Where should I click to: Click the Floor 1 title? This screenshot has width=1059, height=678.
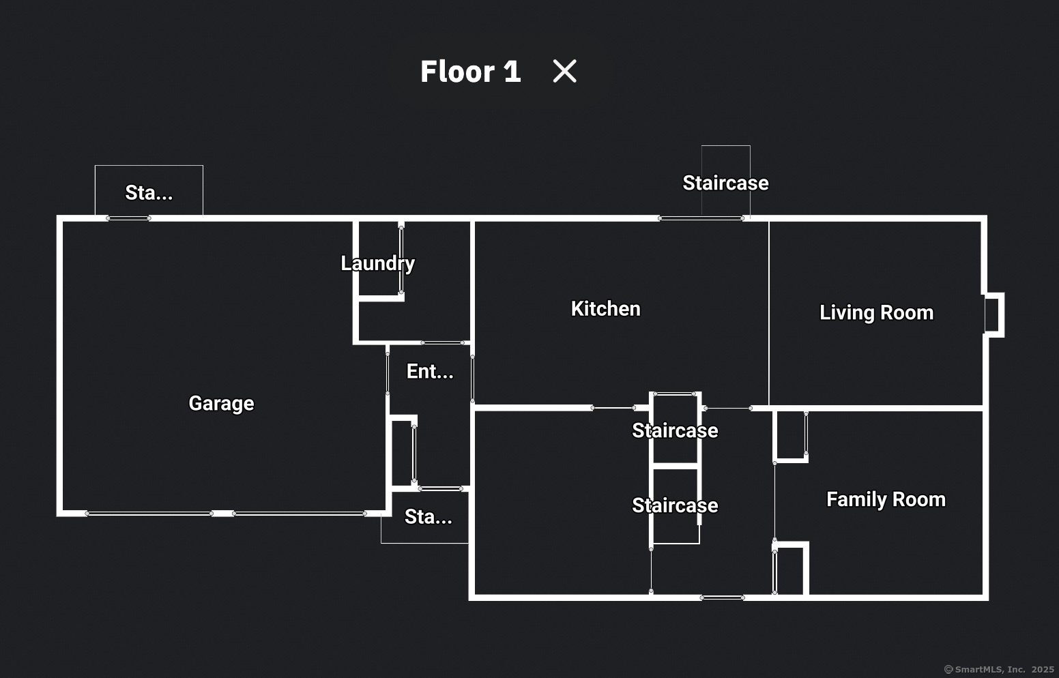[x=470, y=72]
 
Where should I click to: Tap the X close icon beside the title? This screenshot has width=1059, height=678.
[x=564, y=71]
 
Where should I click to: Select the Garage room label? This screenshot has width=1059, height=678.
[x=221, y=403]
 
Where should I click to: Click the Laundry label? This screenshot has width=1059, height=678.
[x=377, y=263]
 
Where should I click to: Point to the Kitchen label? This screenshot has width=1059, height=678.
[x=605, y=309]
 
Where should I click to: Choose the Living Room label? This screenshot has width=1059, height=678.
[x=876, y=312]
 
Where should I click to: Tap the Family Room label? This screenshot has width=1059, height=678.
[x=886, y=499]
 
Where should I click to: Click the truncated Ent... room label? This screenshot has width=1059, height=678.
[x=430, y=371]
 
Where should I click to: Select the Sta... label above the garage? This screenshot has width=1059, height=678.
[x=149, y=193]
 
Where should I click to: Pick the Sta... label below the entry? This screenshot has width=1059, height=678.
[x=428, y=517]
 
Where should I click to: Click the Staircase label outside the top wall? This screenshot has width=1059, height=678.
[x=725, y=183]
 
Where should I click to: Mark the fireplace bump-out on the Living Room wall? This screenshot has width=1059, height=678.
[x=993, y=314]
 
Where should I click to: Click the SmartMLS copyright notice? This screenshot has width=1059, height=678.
[x=999, y=669]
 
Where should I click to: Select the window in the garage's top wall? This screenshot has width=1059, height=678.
[x=128, y=218]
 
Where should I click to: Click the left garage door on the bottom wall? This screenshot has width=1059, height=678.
[x=149, y=513]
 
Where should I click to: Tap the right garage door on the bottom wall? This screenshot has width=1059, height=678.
[x=299, y=513]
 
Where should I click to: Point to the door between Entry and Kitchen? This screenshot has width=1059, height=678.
[x=472, y=379]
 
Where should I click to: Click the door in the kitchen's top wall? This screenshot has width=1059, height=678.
[x=701, y=218]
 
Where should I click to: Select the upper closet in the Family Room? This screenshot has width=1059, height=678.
[x=791, y=437]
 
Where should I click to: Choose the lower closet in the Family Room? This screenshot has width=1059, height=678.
[x=790, y=570]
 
